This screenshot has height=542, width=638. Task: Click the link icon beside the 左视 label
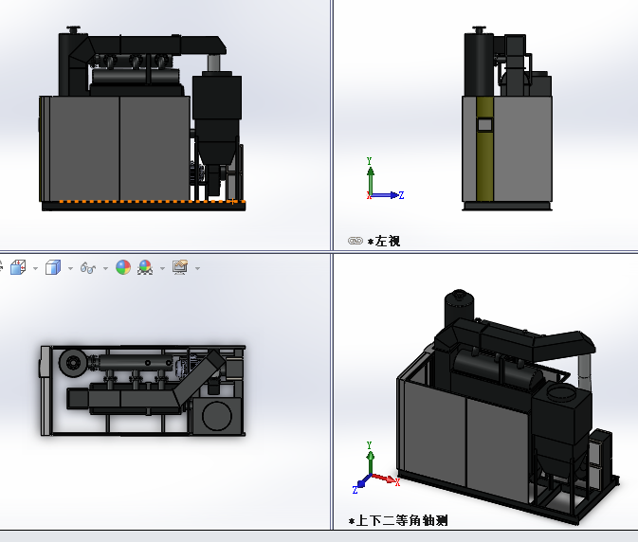tap(355, 241)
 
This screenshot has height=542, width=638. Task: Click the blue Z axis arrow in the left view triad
tap(393, 195)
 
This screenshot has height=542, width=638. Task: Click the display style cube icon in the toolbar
tap(53, 267)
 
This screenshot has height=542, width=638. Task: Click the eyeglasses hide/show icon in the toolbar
tap(88, 268)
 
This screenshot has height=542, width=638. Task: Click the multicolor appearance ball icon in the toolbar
tap(123, 267)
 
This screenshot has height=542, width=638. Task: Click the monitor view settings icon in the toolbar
tap(180, 267)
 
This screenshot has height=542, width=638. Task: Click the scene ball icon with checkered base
tap(145, 267)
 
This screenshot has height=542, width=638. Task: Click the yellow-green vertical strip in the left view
tap(485, 152)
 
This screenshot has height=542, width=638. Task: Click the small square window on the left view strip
tap(485, 124)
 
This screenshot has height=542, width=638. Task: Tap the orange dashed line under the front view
tap(142, 202)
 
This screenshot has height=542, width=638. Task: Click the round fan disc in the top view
tap(71, 363)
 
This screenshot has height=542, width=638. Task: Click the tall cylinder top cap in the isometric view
tap(460, 297)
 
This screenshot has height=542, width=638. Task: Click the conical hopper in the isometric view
tap(553, 461)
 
